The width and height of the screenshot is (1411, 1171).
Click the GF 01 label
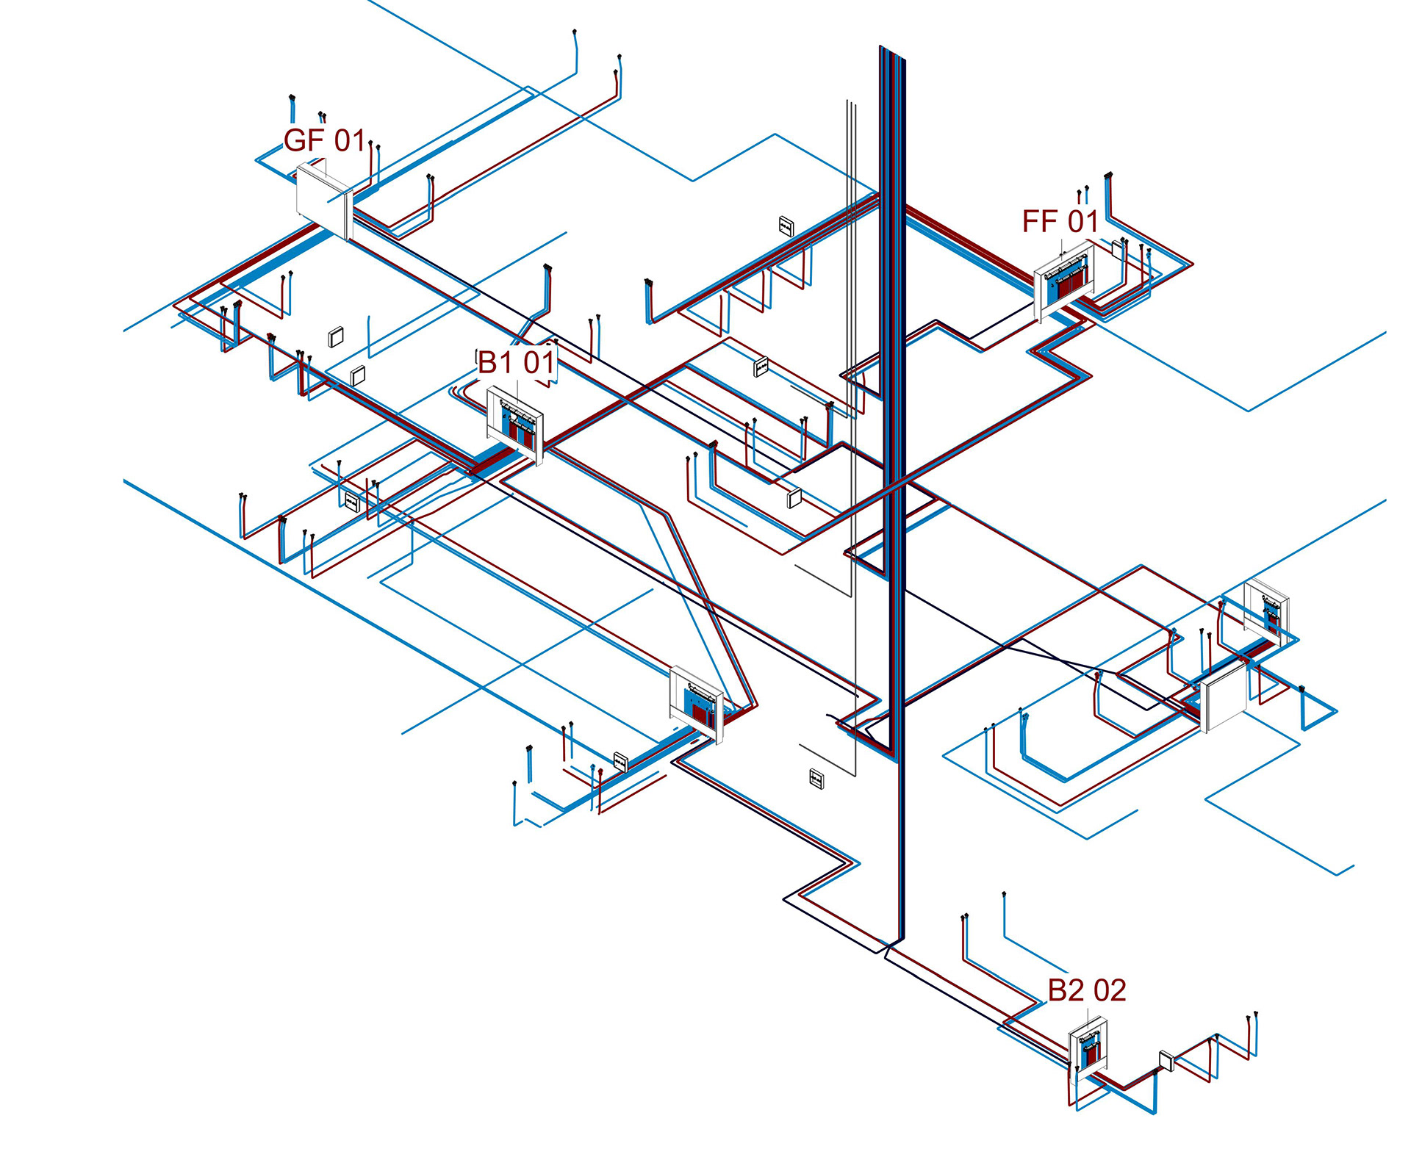(x=324, y=140)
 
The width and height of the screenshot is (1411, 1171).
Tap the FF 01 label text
(x=1060, y=221)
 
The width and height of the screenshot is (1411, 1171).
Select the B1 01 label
(x=516, y=362)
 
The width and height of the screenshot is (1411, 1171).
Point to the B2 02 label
(x=1087, y=990)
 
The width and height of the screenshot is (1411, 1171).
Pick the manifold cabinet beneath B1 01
(x=515, y=425)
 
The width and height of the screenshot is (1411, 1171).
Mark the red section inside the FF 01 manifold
(x=1071, y=281)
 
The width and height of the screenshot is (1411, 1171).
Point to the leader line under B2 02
(x=1088, y=1020)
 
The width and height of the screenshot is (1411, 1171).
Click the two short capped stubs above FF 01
(x=1083, y=195)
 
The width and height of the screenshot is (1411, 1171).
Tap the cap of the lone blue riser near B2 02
(x=1004, y=894)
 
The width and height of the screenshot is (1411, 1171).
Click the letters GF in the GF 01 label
(x=304, y=140)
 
